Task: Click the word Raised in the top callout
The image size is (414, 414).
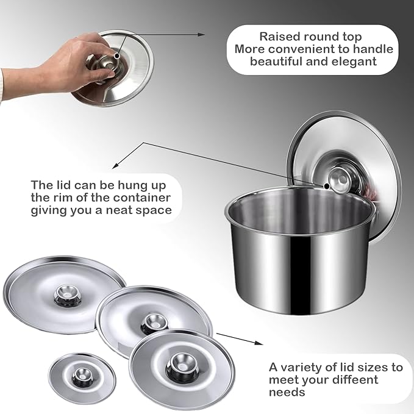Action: pyautogui.click(x=278, y=37)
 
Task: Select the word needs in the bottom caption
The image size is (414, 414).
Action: pyautogui.click(x=287, y=392)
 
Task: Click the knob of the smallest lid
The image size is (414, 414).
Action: pyautogui.click(x=82, y=377)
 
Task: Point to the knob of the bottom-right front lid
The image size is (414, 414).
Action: pyautogui.click(x=182, y=365)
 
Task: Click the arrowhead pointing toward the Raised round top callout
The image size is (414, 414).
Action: pyautogui.click(x=201, y=34)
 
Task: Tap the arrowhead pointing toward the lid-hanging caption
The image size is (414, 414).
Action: pyautogui.click(x=115, y=166)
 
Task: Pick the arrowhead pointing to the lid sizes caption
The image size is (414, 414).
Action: pyautogui.click(x=259, y=343)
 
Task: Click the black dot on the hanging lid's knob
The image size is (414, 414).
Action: pyautogui.click(x=327, y=186)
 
